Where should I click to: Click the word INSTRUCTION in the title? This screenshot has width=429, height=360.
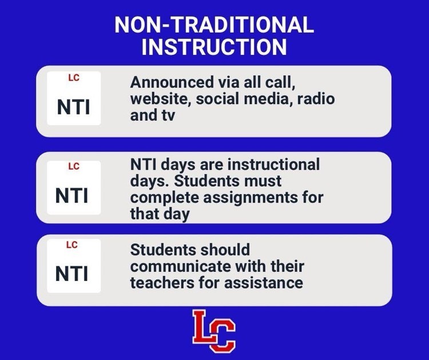(214, 46)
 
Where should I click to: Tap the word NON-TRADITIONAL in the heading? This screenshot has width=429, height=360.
(214, 25)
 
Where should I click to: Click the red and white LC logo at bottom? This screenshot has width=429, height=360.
(214, 330)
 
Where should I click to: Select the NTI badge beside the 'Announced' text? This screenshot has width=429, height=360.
(73, 98)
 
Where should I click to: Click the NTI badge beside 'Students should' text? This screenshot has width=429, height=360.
(73, 266)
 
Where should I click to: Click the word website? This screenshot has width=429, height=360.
(160, 99)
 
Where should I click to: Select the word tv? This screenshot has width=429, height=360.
(166, 114)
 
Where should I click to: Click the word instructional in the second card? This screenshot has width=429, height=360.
(273, 165)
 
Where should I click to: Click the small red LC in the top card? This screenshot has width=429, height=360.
(73, 78)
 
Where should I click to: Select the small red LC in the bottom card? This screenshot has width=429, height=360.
(72, 245)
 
